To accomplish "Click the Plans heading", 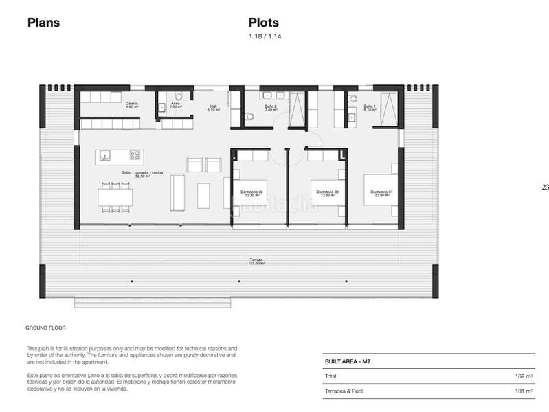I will click(x=43, y=23).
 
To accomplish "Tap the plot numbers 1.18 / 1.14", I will click(x=265, y=36).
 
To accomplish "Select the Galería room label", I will click(x=132, y=105).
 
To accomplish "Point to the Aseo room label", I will click(x=175, y=105).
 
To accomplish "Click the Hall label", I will click(x=214, y=108).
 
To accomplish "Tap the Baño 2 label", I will click(x=271, y=108).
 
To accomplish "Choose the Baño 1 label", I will click(x=370, y=108).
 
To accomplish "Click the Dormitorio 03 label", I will click(x=252, y=193).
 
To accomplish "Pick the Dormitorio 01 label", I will click(x=381, y=193).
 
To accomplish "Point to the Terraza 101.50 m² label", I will click(x=256, y=262).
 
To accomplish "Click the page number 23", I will click(x=545, y=187).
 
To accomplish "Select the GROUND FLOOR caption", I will click(x=45, y=328).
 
